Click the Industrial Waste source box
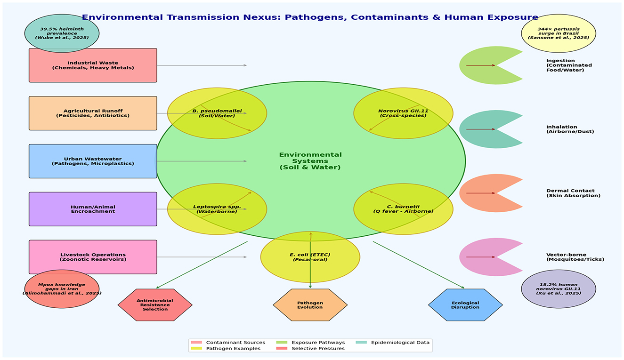93,65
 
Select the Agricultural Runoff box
93,113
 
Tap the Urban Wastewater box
93,161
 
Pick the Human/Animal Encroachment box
93,209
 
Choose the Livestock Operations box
93,257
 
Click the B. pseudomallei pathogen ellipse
217,113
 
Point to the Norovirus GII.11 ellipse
403,113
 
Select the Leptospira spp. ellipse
217,209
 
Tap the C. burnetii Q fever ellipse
403,209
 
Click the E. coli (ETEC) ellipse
310,257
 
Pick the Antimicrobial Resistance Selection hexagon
155,305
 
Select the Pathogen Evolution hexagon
310,305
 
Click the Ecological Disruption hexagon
465,305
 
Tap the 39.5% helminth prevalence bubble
62,33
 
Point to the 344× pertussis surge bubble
559,33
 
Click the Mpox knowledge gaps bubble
62,289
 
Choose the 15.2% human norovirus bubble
559,289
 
